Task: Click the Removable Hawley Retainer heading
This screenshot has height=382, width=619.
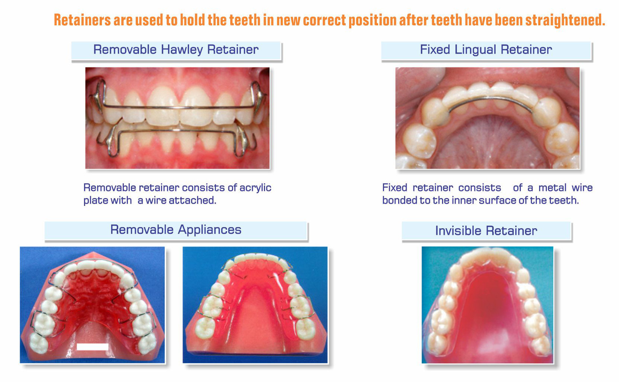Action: [176, 50]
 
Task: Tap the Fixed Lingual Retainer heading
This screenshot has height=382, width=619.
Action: [486, 50]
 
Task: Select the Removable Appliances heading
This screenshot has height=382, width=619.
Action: [176, 230]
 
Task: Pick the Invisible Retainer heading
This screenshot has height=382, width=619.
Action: [486, 231]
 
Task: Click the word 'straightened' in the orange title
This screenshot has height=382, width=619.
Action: [565, 20]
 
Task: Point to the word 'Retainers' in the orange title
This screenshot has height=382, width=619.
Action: [82, 20]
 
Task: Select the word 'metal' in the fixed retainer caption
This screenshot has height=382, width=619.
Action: [552, 188]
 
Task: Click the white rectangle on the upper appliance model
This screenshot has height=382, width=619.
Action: [92, 347]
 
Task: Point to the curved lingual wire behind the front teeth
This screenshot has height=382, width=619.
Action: [491, 99]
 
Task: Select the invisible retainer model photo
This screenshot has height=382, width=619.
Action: [487, 305]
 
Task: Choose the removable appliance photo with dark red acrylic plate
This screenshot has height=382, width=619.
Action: [92, 305]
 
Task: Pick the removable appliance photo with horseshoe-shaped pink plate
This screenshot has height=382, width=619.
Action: [255, 305]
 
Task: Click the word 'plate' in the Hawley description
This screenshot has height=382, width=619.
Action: [95, 200]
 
